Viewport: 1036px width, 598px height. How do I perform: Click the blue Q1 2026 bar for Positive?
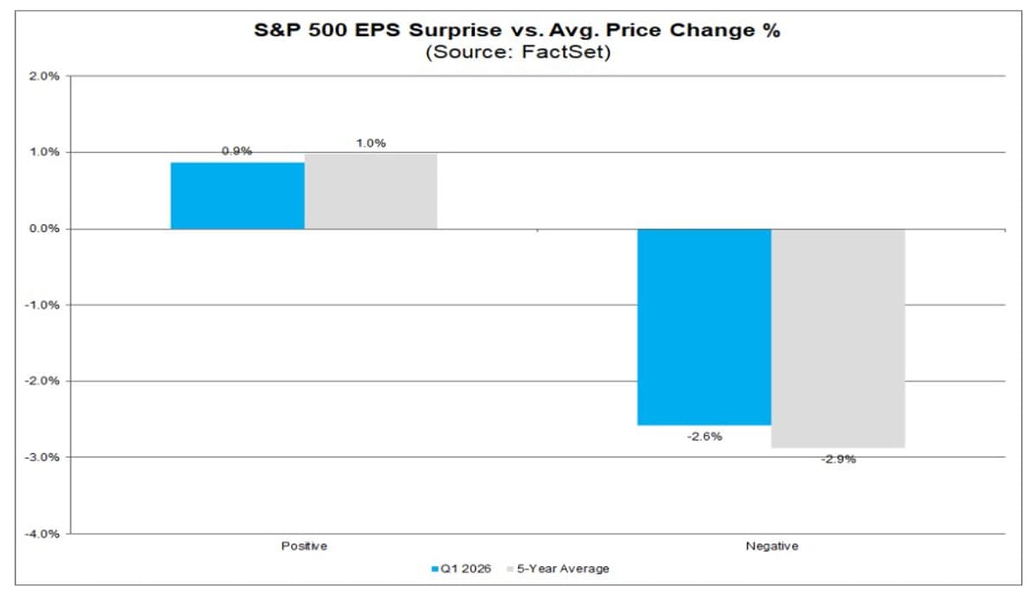(x=237, y=196)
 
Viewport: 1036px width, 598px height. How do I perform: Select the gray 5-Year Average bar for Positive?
(x=371, y=192)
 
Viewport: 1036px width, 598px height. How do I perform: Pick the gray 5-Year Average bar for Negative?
(x=837, y=338)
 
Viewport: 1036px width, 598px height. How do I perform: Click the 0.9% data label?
(x=237, y=151)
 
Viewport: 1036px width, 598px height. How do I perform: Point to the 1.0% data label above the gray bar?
(x=370, y=143)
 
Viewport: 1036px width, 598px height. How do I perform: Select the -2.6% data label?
(x=704, y=437)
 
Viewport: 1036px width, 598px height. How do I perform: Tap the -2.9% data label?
(x=838, y=459)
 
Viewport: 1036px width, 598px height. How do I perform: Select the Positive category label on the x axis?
(x=304, y=546)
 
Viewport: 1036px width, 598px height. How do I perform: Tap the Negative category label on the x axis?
(x=771, y=546)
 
